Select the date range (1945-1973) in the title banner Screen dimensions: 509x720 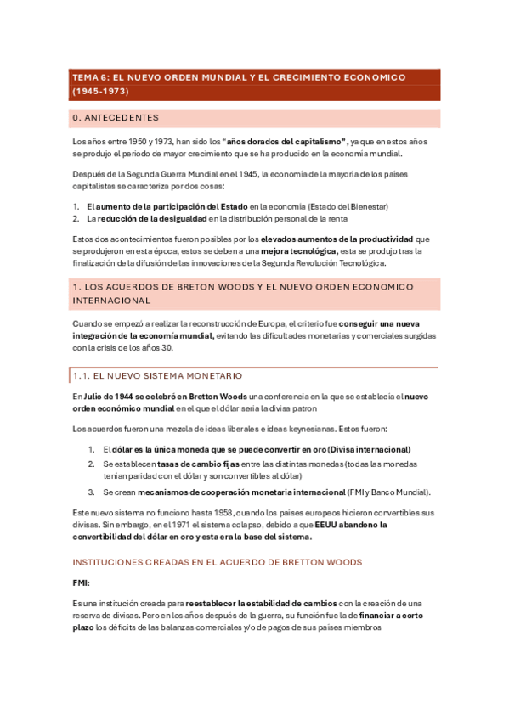click(99, 90)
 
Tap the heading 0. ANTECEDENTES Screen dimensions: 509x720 click(116, 118)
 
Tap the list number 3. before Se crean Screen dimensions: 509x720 click(92, 492)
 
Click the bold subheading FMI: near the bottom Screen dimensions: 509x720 click(82, 584)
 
